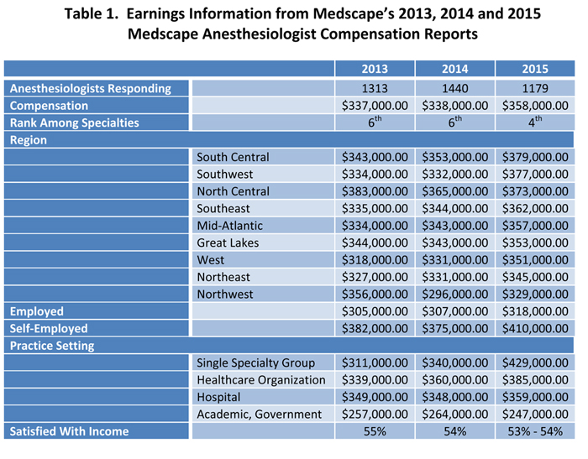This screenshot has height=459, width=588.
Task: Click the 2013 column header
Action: click(375, 69)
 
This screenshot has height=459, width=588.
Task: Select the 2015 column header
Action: click(535, 69)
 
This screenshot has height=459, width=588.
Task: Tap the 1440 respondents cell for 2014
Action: click(455, 88)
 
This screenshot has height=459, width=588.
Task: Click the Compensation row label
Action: click(49, 106)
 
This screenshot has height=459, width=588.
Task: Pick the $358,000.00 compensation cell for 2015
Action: click(535, 106)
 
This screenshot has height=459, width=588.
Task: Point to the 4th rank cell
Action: click(535, 122)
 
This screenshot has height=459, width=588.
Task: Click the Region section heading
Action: click(28, 140)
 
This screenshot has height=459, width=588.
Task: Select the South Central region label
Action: click(233, 157)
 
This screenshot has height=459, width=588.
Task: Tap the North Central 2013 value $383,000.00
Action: click(375, 191)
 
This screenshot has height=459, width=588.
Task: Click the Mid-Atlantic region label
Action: click(230, 226)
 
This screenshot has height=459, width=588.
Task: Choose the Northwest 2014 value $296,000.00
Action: click(455, 295)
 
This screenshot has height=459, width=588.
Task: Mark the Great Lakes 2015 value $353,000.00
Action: click(535, 243)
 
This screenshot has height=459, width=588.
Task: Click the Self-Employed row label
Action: click(49, 329)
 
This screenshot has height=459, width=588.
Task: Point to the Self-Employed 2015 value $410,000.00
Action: click(535, 329)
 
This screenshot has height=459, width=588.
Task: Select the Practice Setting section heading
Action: click(52, 346)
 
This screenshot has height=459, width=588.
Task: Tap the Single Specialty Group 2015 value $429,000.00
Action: click(535, 363)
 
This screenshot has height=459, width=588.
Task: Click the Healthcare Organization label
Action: click(261, 380)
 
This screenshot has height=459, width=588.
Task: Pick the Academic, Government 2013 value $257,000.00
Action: click(375, 415)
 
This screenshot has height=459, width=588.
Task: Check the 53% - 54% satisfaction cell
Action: click(535, 431)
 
